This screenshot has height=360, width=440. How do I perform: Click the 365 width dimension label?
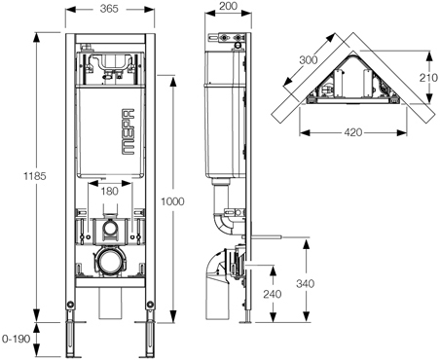pos(109,9)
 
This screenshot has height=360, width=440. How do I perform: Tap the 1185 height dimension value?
pos(35,176)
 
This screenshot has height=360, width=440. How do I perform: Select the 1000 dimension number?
pos(172,201)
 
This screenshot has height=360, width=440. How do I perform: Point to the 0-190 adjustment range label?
pos(16,339)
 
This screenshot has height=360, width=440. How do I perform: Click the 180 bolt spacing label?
pos(109,192)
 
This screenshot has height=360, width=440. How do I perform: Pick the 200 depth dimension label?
pos(228,6)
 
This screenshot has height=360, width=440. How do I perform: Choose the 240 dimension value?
pos(273,294)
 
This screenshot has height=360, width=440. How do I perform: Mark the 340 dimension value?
pos(305,284)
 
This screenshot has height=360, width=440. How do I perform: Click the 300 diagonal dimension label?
pos(309,60)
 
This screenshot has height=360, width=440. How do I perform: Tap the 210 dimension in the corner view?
pos(428,78)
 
